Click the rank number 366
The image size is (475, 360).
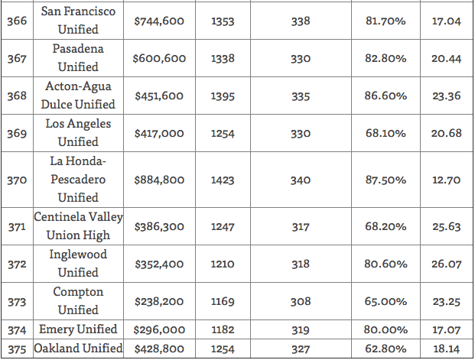coord(17,21)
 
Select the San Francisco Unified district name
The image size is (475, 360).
coord(78,21)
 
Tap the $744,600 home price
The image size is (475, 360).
coord(159,21)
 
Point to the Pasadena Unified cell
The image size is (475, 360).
coord(78,58)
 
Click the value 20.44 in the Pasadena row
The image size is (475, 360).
coord(446,58)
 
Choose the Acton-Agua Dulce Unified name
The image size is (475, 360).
coord(78,96)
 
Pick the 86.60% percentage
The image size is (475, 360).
coord(386,96)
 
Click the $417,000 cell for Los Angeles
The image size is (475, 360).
coord(159,133)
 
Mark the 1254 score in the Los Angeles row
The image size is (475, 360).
coord(223,133)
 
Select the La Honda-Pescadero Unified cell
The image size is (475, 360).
coord(78,180)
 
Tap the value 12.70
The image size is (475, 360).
coord(446,180)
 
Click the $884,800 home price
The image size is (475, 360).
coord(159,180)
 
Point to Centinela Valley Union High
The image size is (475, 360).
coord(78,226)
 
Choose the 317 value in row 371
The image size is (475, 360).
coord(301,227)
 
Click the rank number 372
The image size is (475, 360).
coord(17,264)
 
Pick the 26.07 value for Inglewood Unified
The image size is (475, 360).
coord(446,264)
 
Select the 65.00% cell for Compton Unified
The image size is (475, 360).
coord(386,302)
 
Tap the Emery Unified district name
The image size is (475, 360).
coord(78,329)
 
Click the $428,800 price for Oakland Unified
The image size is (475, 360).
coord(159,349)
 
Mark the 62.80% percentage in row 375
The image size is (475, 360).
coord(386,349)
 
